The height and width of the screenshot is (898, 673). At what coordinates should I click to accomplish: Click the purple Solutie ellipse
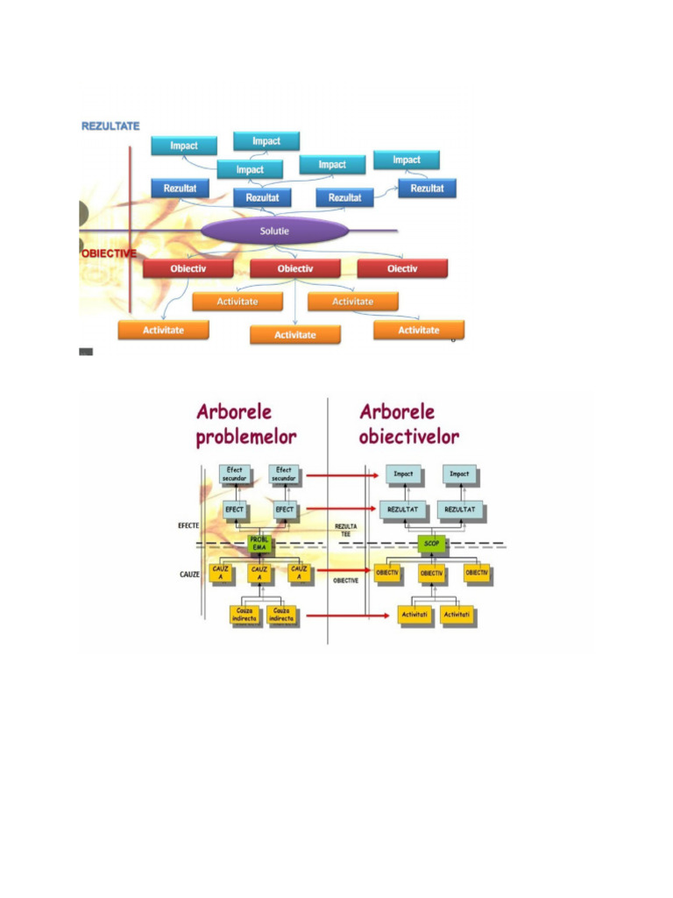(274, 231)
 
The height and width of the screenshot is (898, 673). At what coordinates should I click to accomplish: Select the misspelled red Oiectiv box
(402, 268)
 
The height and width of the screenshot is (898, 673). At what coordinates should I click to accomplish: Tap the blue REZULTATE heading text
(110, 126)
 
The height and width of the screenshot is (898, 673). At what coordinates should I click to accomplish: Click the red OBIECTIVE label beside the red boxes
(109, 253)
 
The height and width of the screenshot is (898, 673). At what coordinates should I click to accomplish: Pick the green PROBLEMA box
(259, 544)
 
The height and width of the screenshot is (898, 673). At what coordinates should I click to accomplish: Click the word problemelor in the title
(246, 436)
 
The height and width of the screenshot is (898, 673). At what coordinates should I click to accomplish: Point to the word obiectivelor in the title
(408, 436)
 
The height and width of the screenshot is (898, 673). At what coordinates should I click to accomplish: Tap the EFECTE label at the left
(187, 525)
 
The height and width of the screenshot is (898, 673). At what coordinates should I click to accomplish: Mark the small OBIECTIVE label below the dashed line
(344, 581)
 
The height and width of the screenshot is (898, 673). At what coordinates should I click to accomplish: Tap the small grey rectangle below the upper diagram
(86, 352)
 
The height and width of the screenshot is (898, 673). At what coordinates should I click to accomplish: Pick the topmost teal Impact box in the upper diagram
(266, 140)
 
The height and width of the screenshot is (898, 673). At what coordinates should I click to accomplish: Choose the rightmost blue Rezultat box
(427, 188)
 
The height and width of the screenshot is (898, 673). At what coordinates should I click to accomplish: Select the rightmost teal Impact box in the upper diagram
(406, 160)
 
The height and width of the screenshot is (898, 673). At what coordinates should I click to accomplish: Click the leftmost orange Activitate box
(164, 330)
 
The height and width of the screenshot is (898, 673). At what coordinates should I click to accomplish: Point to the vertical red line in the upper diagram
(130, 228)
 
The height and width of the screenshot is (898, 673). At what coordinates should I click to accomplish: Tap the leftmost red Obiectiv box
(188, 268)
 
